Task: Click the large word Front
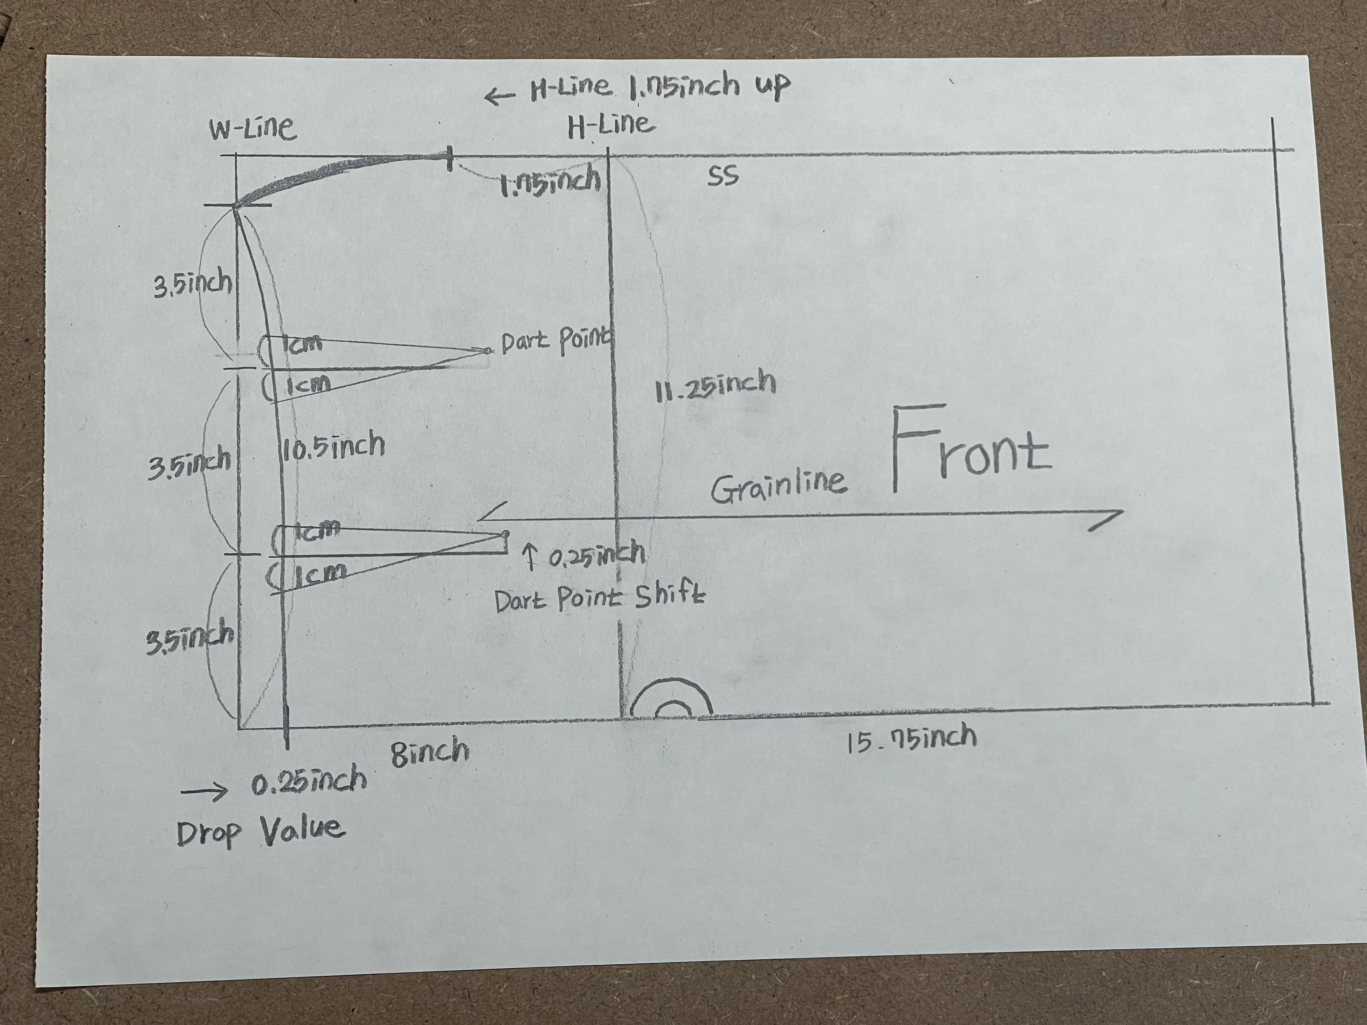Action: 970,449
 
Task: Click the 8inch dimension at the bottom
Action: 430,751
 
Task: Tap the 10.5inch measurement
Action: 333,445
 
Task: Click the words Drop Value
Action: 260,831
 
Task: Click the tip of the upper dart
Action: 488,350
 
